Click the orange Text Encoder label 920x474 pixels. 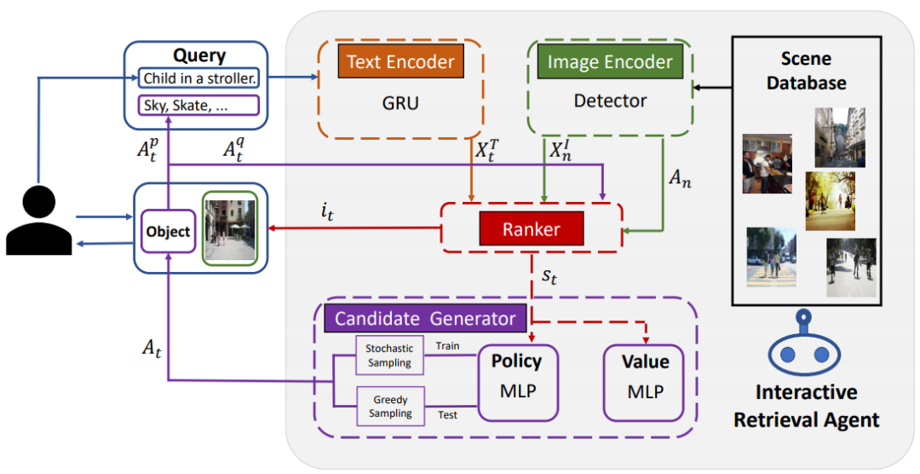click(400, 62)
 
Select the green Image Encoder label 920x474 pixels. click(610, 62)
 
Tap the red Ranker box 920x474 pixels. click(531, 228)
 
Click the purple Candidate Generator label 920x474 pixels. click(425, 319)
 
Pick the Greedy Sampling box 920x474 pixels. click(389, 406)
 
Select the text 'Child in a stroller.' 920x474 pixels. click(199, 79)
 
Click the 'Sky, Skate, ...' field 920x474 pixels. click(198, 106)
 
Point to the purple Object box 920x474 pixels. click(168, 232)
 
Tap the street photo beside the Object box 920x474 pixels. click(229, 228)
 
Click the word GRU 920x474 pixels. click(400, 101)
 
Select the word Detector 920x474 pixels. click(610, 101)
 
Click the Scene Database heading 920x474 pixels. click(806, 71)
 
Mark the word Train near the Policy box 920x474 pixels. click(448, 347)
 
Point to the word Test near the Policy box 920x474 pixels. click(446, 415)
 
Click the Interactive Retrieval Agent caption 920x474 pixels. click(806, 406)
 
